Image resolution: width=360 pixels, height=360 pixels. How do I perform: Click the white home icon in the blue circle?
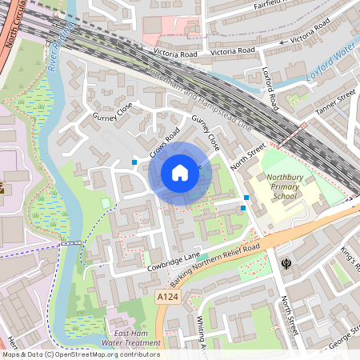(180, 173)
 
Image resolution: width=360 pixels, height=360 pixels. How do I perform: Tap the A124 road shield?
(166, 297)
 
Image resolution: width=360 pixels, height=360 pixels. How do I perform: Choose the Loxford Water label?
(330, 66)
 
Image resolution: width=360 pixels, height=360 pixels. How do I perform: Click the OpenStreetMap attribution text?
(80, 354)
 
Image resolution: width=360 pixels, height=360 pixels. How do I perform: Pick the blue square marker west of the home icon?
(134, 162)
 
